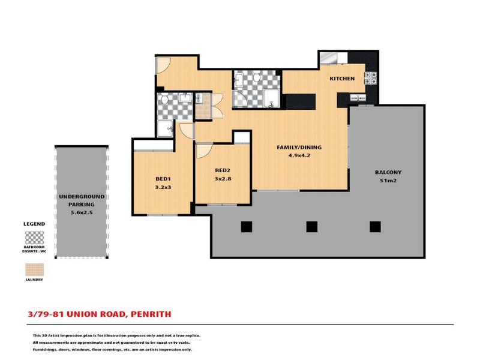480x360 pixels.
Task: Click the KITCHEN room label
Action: pos(342,79)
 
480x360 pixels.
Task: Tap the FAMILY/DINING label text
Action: pos(299,147)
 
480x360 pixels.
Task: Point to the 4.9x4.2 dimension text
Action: pos(299,155)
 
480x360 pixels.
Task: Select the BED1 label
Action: pos(163,179)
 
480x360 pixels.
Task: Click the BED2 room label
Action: pos(223,170)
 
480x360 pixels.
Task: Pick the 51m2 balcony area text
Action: pos(388,181)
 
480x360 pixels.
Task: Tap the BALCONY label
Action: pos(388,172)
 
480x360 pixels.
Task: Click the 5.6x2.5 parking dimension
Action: pos(82,212)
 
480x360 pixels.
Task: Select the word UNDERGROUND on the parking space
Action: pos(82,197)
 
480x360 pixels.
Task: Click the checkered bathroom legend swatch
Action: pos(34,238)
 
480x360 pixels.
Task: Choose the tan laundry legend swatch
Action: pos(34,269)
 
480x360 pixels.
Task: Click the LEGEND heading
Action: pos(34,224)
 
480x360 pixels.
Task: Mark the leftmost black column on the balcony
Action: pos(247,227)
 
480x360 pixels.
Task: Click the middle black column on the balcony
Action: pos(311,227)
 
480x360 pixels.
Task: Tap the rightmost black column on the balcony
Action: pos(375,227)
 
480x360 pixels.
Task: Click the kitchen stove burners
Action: pos(370,78)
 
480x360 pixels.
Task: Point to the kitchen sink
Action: pos(358,98)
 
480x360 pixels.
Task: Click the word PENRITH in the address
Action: pos(151,314)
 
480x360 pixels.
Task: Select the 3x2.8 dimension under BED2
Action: pos(223,179)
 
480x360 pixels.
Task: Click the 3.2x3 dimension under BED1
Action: pos(163,187)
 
